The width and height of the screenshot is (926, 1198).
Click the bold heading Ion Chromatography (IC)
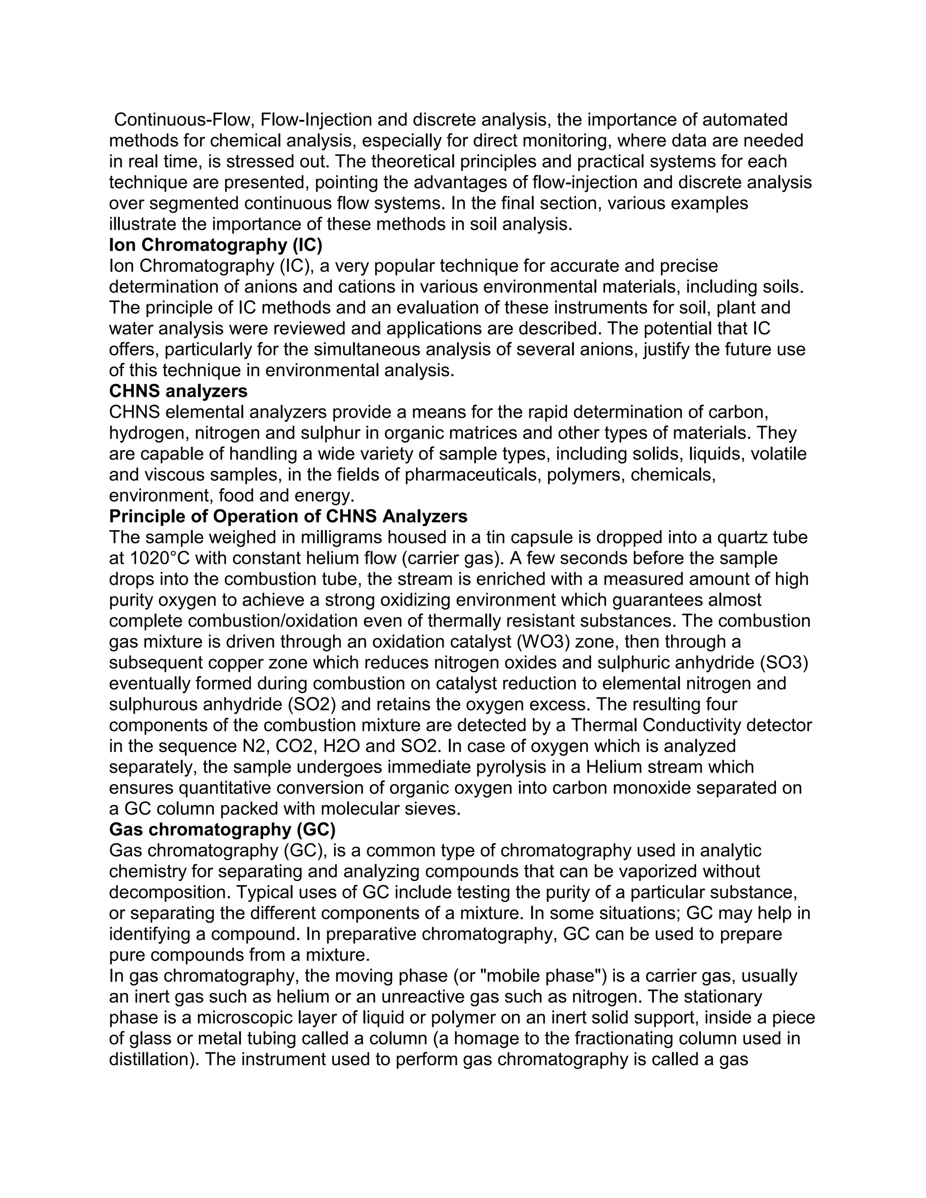(x=216, y=245)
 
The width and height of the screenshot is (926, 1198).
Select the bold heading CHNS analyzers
(x=178, y=391)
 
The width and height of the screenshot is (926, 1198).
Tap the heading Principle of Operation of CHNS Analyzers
(x=288, y=516)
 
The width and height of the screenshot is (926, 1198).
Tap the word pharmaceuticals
(x=473, y=475)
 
